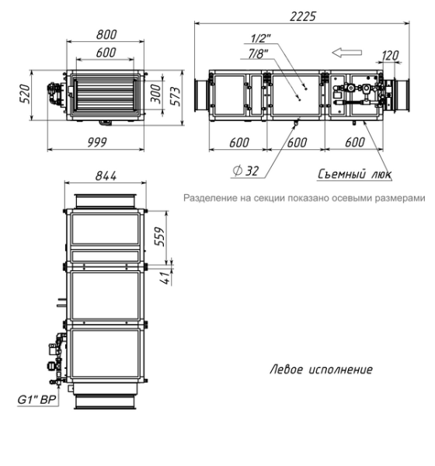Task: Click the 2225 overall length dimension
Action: [302, 16]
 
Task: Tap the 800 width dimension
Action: [106, 34]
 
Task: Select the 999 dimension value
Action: [97, 142]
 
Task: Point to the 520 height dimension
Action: [26, 94]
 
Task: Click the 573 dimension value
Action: [176, 96]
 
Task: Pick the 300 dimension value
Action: [156, 94]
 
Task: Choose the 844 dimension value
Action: [106, 176]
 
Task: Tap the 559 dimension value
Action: [160, 237]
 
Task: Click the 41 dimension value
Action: [168, 277]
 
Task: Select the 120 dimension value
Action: [390, 56]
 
